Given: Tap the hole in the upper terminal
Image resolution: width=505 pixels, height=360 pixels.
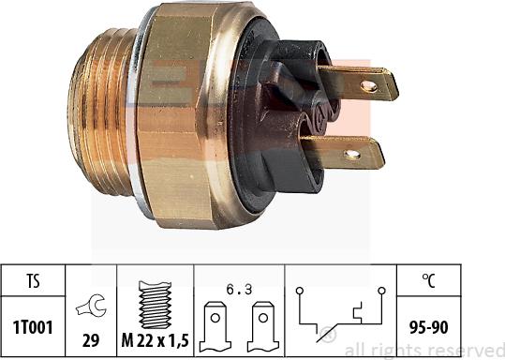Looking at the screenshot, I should [368, 86].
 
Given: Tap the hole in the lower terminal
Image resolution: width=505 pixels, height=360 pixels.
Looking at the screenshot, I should [352, 154].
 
